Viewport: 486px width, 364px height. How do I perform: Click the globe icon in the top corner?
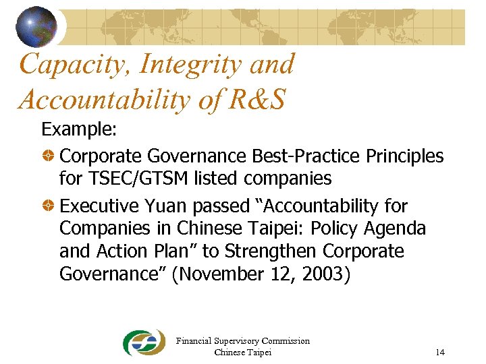pos(36,26)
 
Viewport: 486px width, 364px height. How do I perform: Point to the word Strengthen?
pos(271,251)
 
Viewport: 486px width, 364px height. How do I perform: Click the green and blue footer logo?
pos(144,343)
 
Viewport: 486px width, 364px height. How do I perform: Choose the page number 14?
pos(440,353)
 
